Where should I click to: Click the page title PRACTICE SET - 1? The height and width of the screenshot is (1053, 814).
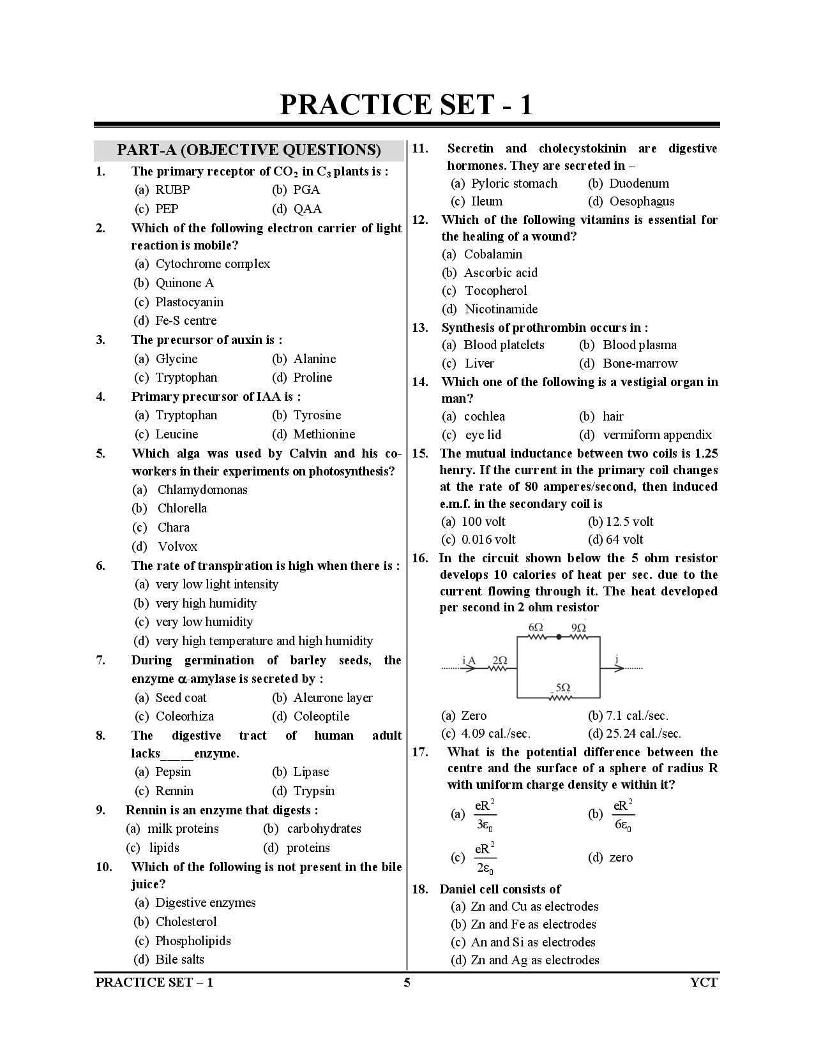coord(406,104)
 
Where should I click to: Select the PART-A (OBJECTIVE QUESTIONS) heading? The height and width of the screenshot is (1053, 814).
coord(249,151)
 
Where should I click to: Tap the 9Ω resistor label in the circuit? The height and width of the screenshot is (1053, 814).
coord(578,628)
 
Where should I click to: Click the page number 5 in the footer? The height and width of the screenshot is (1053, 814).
coord(407,983)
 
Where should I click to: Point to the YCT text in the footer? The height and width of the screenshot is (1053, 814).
coord(704,983)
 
